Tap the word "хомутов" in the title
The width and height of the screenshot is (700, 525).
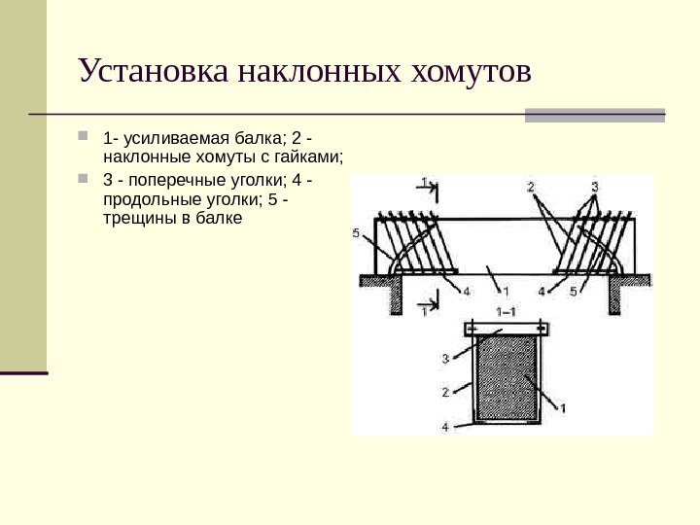point(471,71)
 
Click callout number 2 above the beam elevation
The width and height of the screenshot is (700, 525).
point(532,186)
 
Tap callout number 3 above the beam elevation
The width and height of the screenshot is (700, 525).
point(593,186)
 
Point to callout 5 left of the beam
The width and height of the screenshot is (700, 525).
point(358,233)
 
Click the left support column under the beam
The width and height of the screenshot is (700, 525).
point(396,297)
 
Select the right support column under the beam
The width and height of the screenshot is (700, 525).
point(615,297)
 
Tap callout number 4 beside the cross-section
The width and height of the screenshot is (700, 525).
point(444,426)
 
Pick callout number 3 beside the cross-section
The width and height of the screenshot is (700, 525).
point(444,359)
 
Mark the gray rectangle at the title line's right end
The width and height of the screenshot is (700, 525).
point(595,115)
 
